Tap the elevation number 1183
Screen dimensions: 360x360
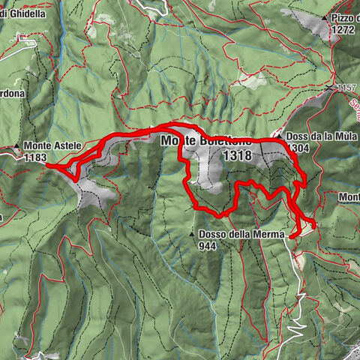(x=34, y=158)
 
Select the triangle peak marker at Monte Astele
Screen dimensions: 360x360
(x=16, y=146)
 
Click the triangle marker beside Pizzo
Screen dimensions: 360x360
(x=325, y=18)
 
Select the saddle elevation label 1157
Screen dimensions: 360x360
(x=346, y=88)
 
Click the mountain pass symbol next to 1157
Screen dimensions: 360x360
(x=331, y=88)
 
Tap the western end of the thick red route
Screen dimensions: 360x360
(x=48, y=166)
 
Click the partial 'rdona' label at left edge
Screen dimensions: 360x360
(x=13, y=94)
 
